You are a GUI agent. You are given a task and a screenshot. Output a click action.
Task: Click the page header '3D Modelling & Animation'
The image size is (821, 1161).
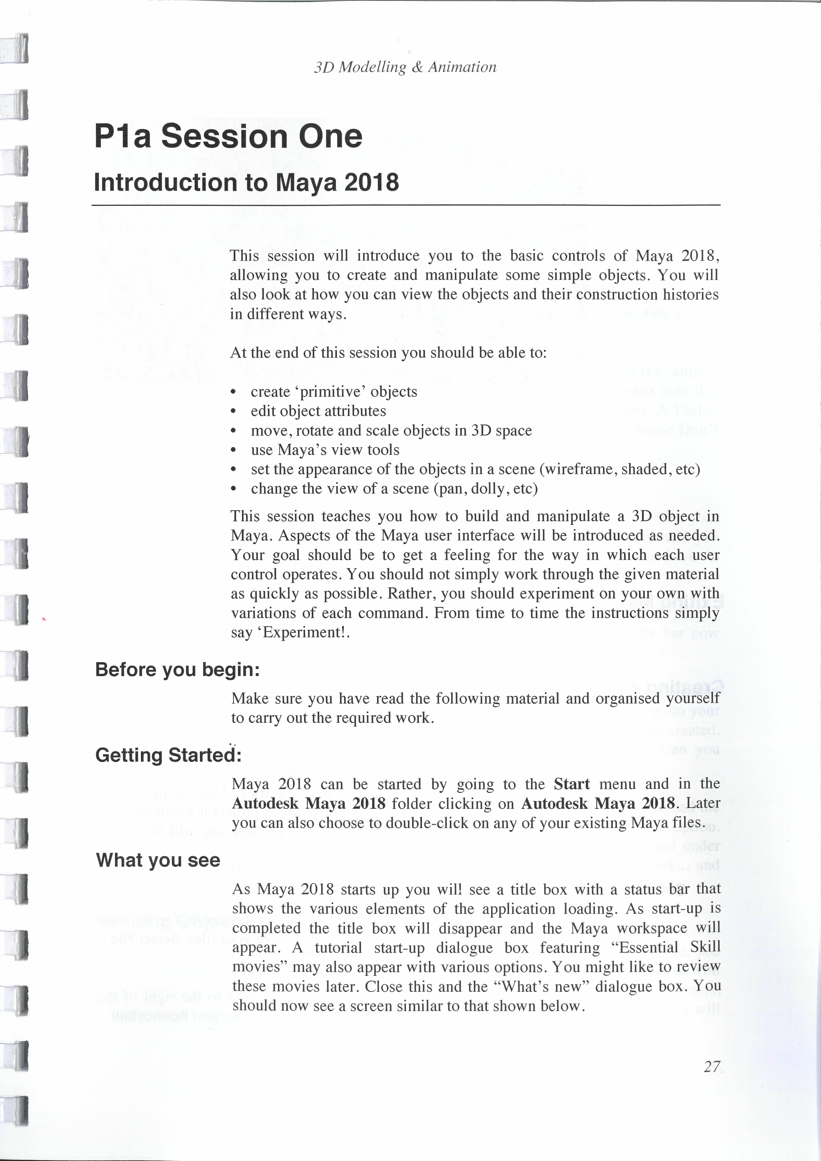(x=405, y=67)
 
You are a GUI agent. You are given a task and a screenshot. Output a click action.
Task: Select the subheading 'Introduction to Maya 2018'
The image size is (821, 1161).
(x=246, y=183)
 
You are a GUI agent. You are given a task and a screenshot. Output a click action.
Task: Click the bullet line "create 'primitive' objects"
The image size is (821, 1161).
(x=334, y=392)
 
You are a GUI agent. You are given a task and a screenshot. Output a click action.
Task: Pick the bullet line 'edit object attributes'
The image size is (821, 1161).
(x=318, y=411)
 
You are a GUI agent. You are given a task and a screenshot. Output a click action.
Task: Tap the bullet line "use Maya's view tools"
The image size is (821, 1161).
(x=324, y=450)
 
